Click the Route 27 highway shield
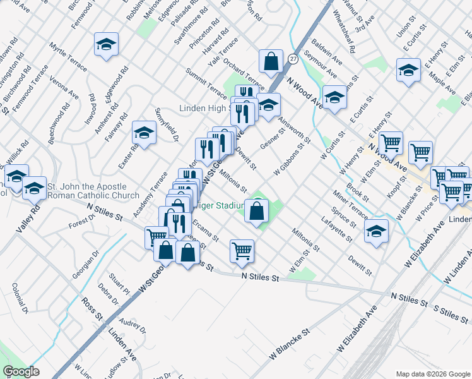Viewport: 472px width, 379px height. (x=293, y=58)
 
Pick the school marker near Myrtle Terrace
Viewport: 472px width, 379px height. (x=107, y=44)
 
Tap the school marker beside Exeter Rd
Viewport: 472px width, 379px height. (x=144, y=133)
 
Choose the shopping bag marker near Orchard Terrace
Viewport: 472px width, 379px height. (x=271, y=62)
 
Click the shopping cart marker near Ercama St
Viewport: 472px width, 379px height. (x=242, y=251)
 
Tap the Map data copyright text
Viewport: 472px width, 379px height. (x=433, y=373)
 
